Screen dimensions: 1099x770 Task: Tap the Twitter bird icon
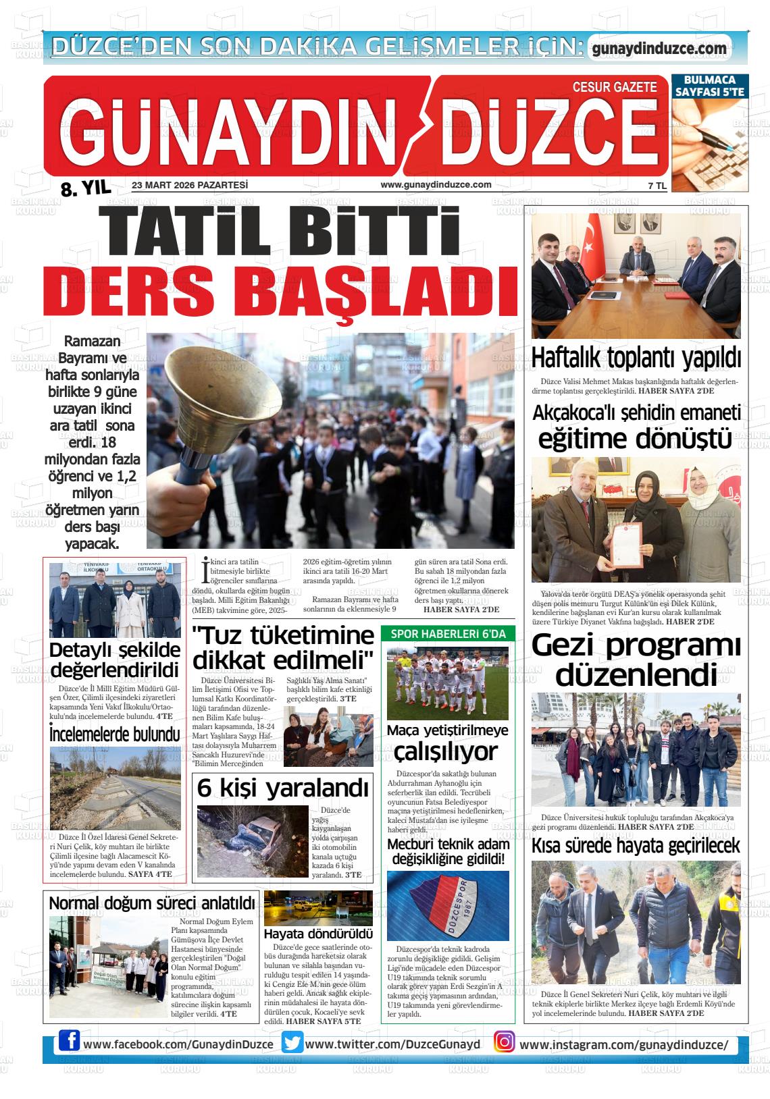pyautogui.click(x=292, y=1043)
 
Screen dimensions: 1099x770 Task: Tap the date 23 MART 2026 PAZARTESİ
pyautogui.click(x=190, y=185)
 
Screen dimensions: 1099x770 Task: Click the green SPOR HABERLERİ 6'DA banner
pyautogui.click(x=448, y=634)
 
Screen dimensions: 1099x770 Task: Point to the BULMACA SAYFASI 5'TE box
pyautogui.click(x=709, y=86)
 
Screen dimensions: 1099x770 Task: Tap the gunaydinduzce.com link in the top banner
pyautogui.click(x=659, y=48)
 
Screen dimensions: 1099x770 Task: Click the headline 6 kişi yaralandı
pyautogui.click(x=283, y=788)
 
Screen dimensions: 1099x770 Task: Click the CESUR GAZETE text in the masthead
pyautogui.click(x=614, y=87)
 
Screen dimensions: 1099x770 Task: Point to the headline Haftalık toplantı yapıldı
pyautogui.click(x=636, y=358)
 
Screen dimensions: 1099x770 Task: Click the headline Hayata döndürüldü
pyautogui.click(x=317, y=934)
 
